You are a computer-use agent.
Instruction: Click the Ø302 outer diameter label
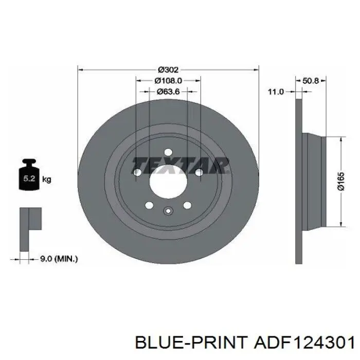(168, 69)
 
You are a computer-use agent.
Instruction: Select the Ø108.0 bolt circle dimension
(168, 81)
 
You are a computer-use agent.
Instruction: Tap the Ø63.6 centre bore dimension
(168, 92)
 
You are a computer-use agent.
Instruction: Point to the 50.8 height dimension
(311, 81)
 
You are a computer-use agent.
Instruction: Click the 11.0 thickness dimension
(276, 92)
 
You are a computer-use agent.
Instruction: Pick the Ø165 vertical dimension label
(341, 182)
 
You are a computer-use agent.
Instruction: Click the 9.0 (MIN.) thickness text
(59, 259)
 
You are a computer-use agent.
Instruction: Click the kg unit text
(47, 179)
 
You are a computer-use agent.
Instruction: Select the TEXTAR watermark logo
(181, 165)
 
